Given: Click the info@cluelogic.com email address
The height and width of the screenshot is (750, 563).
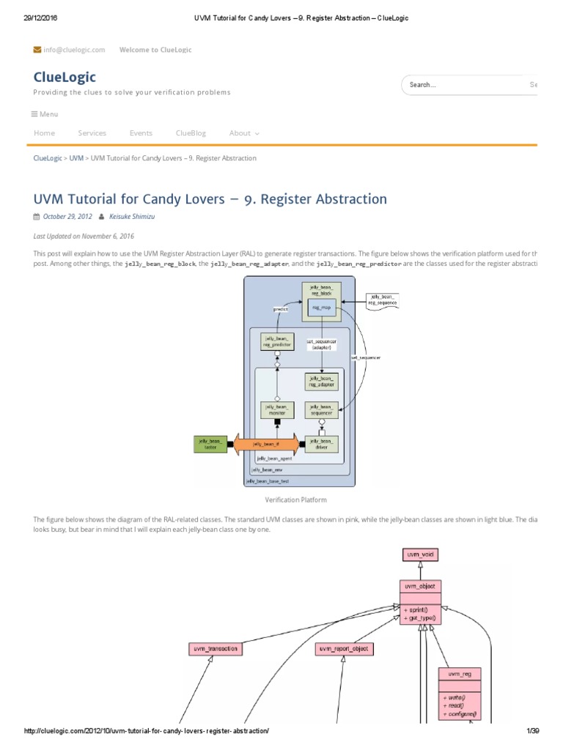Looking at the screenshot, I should coord(74,50).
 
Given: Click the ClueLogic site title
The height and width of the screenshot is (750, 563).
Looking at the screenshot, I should coord(65,77).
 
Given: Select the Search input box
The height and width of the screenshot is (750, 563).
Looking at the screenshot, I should coord(462,85).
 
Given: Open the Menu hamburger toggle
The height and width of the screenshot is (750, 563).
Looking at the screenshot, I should coord(45,114).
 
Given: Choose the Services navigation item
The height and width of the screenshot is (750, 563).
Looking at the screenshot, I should coord(92,133).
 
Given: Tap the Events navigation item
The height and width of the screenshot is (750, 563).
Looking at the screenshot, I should coord(141,133).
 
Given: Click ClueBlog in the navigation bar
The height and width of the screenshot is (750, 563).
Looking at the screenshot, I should coord(191,133).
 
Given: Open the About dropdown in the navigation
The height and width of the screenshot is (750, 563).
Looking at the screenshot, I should coord(244,133).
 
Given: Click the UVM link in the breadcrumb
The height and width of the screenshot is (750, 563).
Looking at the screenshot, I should coord(76,158).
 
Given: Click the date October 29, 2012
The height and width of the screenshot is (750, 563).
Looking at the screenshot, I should coord(67,217).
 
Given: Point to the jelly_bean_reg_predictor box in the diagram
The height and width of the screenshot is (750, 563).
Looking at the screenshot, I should coord(277,341).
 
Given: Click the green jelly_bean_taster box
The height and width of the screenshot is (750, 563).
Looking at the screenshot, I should coord(210,443).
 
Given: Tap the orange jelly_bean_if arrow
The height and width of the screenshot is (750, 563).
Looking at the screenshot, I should coord(266,444).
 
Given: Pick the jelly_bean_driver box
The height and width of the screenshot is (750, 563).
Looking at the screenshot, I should coord(322,444).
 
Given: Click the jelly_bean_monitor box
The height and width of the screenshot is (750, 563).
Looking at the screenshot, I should coord(277,410).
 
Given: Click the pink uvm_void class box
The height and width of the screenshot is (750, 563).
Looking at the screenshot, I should coord(419,555).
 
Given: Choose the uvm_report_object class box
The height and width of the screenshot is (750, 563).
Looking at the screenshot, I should coord(345,648).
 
